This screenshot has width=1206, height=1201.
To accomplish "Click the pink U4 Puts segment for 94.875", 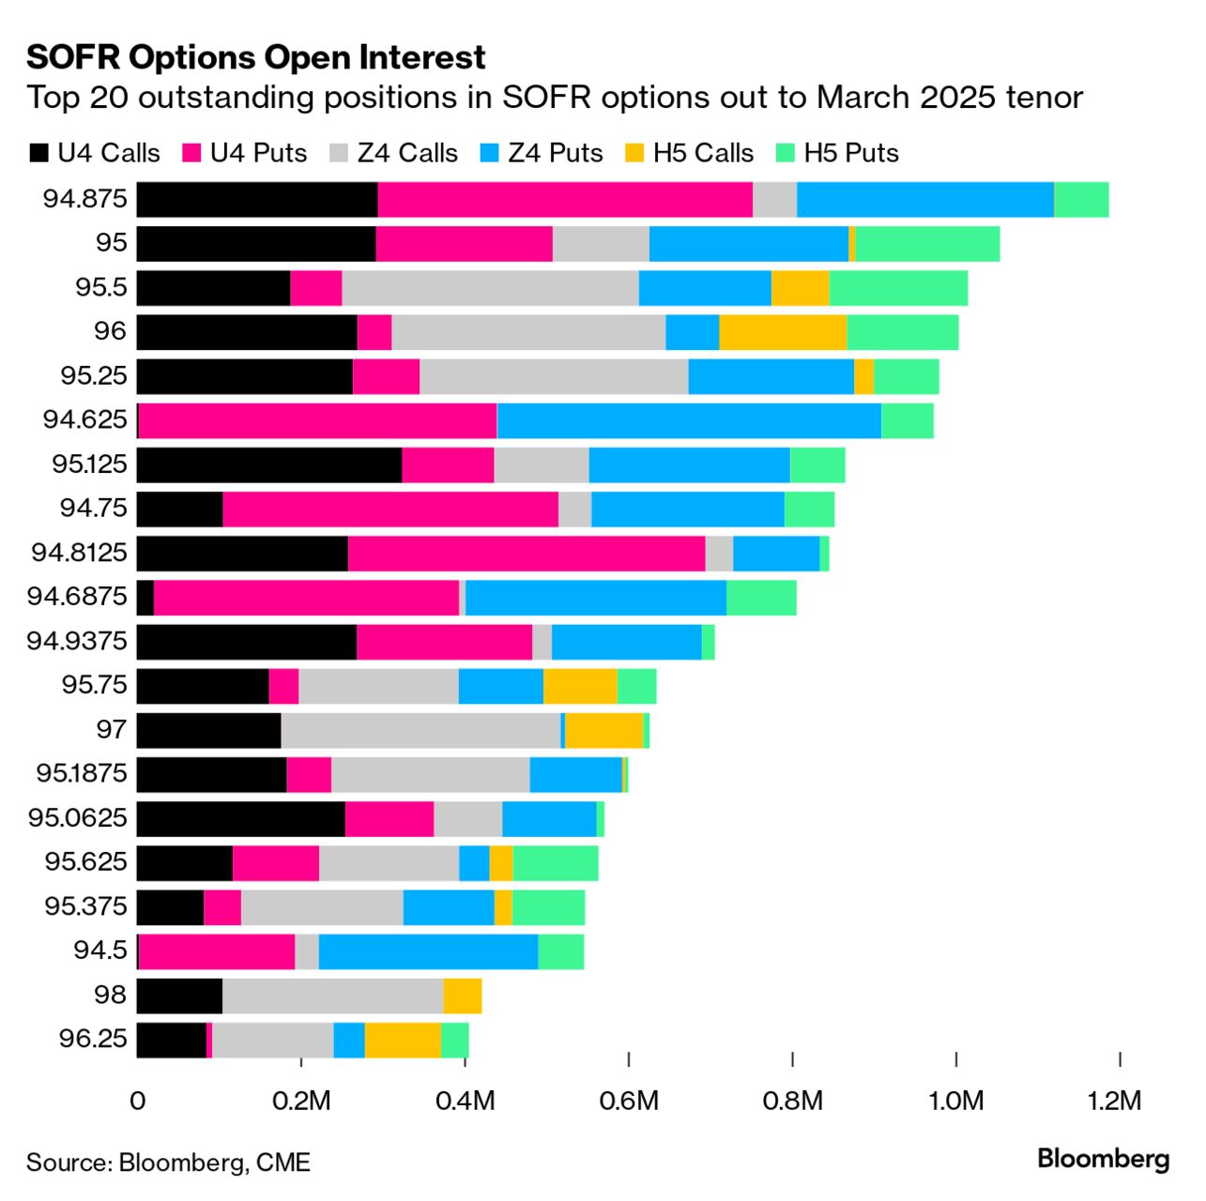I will (x=565, y=200).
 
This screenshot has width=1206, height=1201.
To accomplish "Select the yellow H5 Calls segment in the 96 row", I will (x=783, y=332).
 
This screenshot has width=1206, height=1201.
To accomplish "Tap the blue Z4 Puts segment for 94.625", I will (x=689, y=420).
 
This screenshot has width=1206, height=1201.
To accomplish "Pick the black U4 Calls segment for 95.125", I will (x=269, y=465).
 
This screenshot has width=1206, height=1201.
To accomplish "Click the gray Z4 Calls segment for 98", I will (x=333, y=996).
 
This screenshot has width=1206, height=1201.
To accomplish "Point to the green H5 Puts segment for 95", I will (x=927, y=244).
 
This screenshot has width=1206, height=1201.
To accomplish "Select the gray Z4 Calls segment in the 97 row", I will (x=420, y=731).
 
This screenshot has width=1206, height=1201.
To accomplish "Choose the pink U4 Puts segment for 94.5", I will (x=217, y=951).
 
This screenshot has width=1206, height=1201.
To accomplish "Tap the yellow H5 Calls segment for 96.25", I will (x=403, y=1040).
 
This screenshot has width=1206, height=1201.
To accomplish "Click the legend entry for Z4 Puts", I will (x=555, y=153).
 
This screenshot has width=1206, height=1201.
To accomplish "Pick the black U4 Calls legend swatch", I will (x=38, y=154).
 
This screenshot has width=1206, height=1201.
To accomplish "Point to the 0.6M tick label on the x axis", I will (x=628, y=1101).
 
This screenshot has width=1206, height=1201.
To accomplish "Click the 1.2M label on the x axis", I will (x=1115, y=1101).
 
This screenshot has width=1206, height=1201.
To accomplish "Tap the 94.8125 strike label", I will (x=79, y=553).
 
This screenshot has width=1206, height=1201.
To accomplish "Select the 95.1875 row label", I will (x=82, y=774).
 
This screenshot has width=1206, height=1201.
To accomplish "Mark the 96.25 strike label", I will (x=93, y=1040).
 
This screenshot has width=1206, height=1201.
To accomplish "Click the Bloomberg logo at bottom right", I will (x=1104, y=1160).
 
